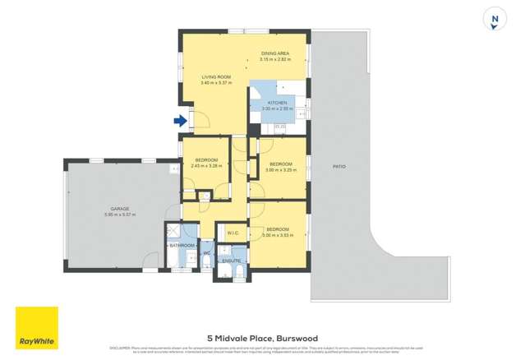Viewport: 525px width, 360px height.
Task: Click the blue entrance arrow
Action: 180,121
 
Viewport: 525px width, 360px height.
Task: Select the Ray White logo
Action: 36,327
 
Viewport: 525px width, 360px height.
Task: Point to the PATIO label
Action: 338,167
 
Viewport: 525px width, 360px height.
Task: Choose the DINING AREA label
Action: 275,54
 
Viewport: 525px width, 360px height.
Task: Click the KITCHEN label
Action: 277,103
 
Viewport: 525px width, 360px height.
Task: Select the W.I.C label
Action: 233,232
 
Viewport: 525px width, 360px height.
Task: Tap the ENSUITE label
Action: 231,261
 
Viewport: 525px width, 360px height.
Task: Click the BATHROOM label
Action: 182,245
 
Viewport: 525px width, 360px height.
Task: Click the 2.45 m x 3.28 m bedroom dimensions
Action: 206,165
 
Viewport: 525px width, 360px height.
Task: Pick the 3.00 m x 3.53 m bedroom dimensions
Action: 277,234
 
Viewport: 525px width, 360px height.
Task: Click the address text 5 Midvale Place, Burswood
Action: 262,338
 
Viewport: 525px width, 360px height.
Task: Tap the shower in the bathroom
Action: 174,232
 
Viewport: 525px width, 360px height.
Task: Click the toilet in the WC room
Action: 207,262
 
